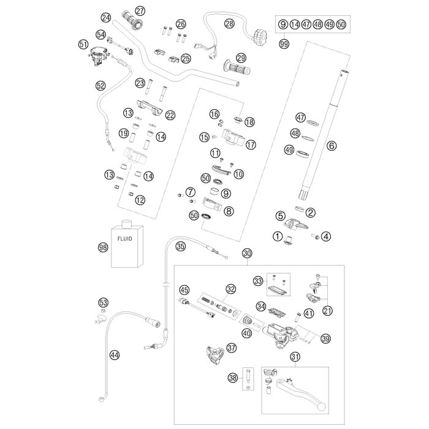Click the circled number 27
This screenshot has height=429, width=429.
pos(140,10)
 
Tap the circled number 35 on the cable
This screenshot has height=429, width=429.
pos(180,247)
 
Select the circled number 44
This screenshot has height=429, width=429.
pos(113,354)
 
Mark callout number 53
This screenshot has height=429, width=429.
pos(103,302)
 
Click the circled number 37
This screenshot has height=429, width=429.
pos(231,347)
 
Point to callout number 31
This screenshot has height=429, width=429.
pos(296,357)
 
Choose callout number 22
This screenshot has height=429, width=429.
pos(170,114)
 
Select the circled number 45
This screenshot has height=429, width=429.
pos(184,290)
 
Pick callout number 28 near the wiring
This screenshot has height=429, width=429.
pos(230,24)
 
